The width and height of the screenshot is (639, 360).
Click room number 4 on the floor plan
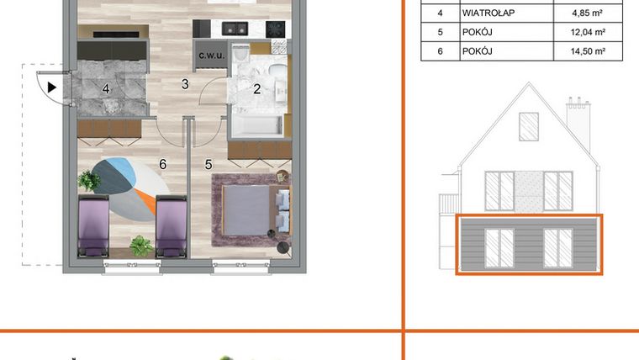[107, 87]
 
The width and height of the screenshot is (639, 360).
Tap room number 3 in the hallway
[184, 83]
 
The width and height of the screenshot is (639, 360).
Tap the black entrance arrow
[52, 87]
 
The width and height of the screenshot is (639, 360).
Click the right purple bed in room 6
[170, 225]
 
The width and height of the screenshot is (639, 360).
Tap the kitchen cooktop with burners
[274, 28]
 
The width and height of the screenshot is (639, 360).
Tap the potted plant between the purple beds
[140, 246]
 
